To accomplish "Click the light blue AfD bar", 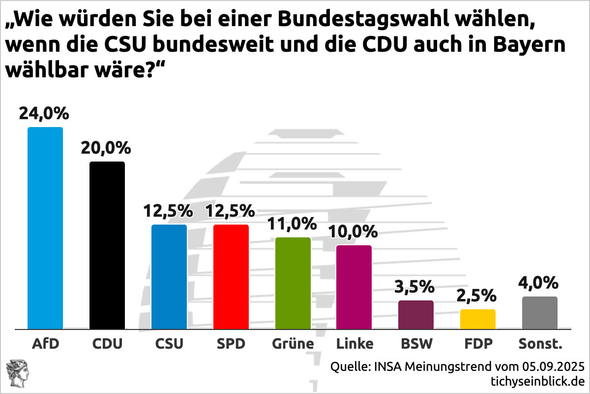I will coord(45,228).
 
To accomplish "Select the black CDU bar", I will coord(107,245).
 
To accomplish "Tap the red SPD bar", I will coord(231,277).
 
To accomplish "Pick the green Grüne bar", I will coord(293,283).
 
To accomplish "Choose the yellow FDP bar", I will coord(478,319).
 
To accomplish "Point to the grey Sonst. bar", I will coord(540,313).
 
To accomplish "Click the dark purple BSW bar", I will coord(416,315).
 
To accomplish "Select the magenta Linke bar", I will coord(354,287).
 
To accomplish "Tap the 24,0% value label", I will coord(44,114).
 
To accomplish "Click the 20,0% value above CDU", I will coord(106,148).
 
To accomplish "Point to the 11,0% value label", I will coord(292,224).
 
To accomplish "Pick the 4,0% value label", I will coord(539,283).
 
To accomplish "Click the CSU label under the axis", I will coord(169,344).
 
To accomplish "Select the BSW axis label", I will coord(416,344).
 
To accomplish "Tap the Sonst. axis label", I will coord(540,344).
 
